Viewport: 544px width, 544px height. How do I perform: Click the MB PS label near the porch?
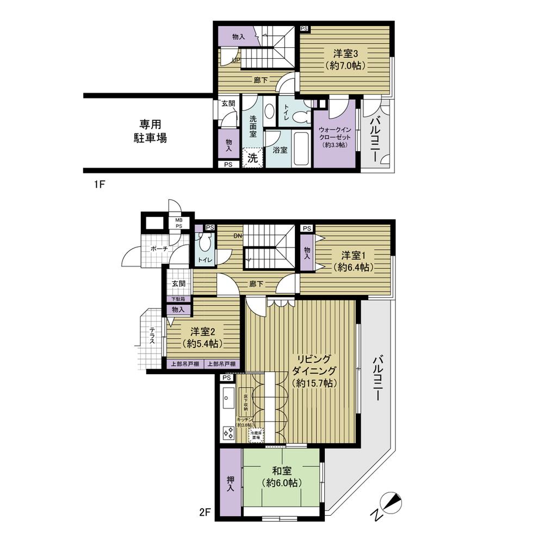point(178,224)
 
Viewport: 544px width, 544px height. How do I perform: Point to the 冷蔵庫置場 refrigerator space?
point(255,435)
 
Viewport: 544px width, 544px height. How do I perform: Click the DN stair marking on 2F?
point(238,236)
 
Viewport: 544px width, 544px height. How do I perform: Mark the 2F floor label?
point(205,512)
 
